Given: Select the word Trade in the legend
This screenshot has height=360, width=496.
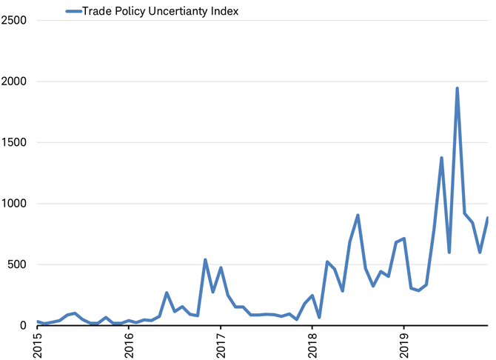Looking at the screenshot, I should point(98,11).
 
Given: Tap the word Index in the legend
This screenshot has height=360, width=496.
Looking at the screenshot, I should point(224,11).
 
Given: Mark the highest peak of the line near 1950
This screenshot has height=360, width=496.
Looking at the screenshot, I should point(457,88).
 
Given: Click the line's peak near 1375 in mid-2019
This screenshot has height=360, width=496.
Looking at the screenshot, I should point(442,158).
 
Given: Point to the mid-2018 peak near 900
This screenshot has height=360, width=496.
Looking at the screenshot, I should point(358,216).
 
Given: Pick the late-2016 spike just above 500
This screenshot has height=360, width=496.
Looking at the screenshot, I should point(205,259).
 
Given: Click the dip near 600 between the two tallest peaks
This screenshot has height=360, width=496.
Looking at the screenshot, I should point(449,253).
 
